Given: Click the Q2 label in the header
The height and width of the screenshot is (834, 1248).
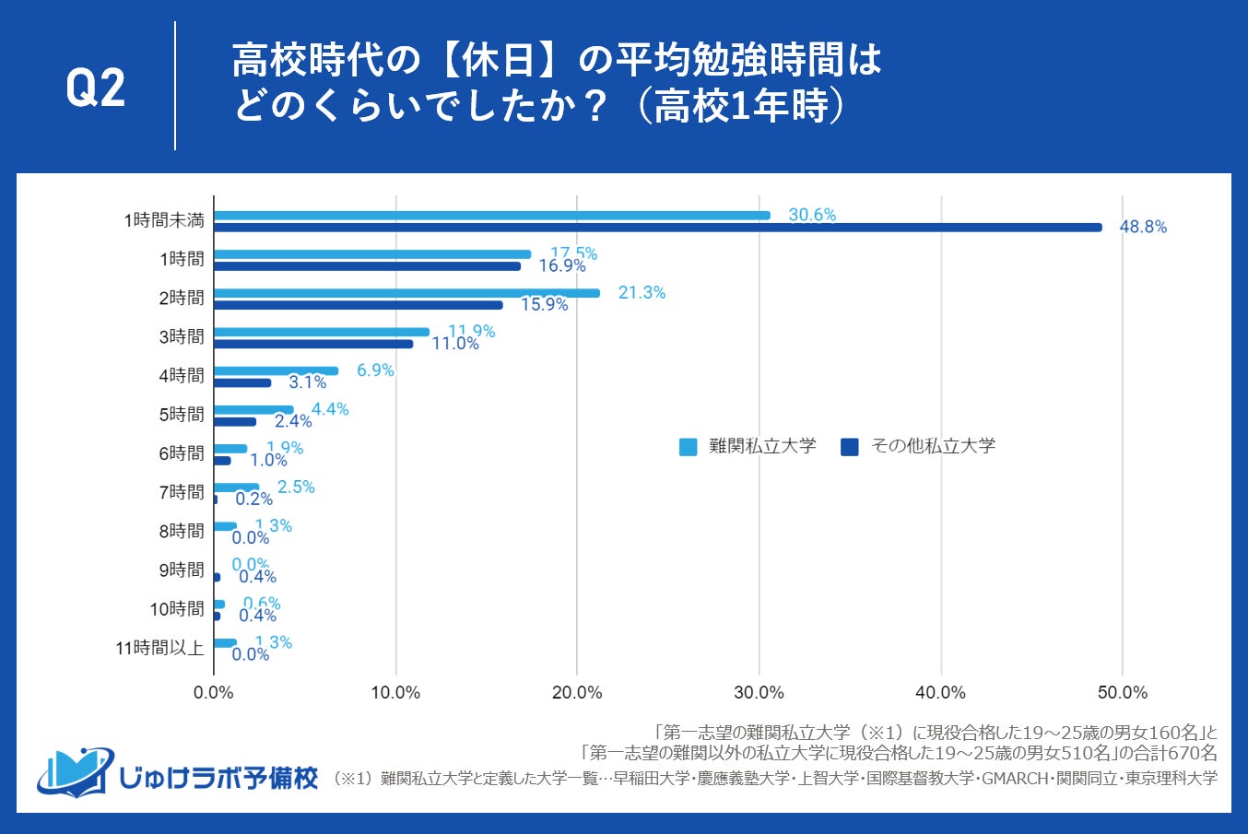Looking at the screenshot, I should [96, 88].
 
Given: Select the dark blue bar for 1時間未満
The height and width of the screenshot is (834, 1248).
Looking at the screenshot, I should [657, 228].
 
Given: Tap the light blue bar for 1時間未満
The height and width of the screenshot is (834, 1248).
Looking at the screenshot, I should [491, 216].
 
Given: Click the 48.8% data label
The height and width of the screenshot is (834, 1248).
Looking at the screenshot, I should [1143, 227].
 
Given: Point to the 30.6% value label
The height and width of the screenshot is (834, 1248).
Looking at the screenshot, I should [812, 215].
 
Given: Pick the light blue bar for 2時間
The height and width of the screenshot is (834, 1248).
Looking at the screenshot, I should [406, 293].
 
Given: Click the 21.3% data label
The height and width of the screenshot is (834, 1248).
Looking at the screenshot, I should [642, 292].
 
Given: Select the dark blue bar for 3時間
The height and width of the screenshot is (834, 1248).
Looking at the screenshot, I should [313, 344].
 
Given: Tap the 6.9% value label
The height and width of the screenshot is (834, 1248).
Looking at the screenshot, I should [375, 370].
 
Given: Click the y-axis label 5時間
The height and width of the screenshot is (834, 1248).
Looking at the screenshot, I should [182, 415].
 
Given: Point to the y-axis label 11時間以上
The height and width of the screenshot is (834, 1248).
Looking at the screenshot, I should [159, 648].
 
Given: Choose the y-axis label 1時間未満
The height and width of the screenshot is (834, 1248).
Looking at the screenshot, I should [164, 220].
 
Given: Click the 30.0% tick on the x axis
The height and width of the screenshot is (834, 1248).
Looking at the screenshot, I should [759, 693].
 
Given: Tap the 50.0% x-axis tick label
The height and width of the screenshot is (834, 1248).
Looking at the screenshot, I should [1122, 693].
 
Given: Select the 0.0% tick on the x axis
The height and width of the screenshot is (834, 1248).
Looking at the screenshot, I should [214, 693].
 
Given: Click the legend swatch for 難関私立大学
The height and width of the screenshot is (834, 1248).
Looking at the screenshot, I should [688, 447].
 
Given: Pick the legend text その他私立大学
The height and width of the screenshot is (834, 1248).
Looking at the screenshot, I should [933, 446].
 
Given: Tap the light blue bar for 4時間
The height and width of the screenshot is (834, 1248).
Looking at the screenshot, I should [276, 370].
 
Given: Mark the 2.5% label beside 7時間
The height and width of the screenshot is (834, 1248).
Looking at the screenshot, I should [296, 487].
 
